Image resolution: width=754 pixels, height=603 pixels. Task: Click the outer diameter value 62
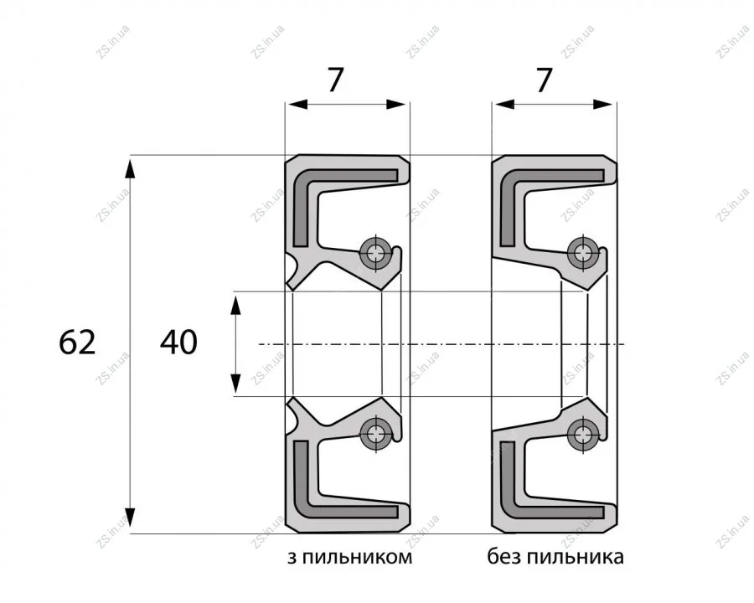[x=77, y=343]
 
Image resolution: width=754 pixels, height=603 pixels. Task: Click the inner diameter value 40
[x=178, y=343]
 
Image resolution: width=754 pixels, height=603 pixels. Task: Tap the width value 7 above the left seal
[x=336, y=80]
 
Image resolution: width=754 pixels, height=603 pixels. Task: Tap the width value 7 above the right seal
[x=544, y=80]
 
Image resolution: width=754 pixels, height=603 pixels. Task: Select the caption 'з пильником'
[x=349, y=557]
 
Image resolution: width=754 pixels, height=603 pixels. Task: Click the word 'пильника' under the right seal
[x=576, y=557]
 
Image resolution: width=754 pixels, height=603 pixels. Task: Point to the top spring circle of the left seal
[x=376, y=251]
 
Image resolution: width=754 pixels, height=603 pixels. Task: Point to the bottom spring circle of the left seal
[x=376, y=434]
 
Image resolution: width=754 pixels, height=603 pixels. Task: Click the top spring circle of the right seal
[x=583, y=252]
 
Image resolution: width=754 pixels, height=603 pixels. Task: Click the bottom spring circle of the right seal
[x=583, y=434]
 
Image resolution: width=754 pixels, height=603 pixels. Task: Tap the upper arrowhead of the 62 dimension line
[x=131, y=168]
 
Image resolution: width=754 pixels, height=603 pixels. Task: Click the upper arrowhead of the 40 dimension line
[x=235, y=305]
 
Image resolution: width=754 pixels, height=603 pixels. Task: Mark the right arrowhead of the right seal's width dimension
[x=603, y=104]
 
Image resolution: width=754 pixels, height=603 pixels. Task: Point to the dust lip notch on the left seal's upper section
[x=292, y=270]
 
